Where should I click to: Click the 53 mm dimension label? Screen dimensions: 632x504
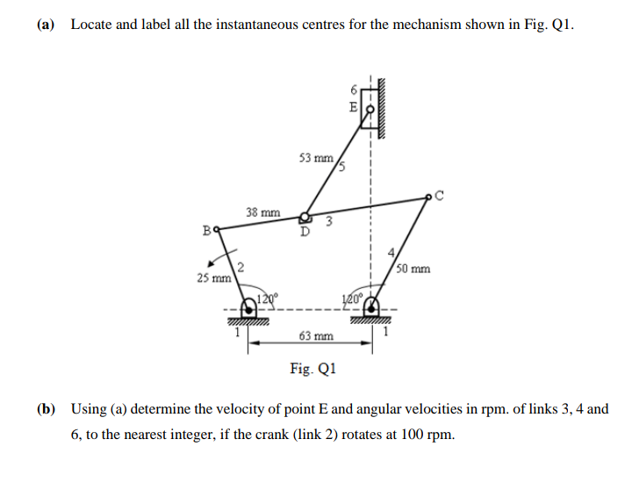click(315, 159)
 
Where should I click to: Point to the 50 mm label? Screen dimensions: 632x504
click(413, 268)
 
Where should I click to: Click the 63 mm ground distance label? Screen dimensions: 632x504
click(315, 336)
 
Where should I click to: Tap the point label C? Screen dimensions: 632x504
click(441, 196)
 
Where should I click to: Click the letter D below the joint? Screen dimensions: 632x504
click(305, 233)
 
